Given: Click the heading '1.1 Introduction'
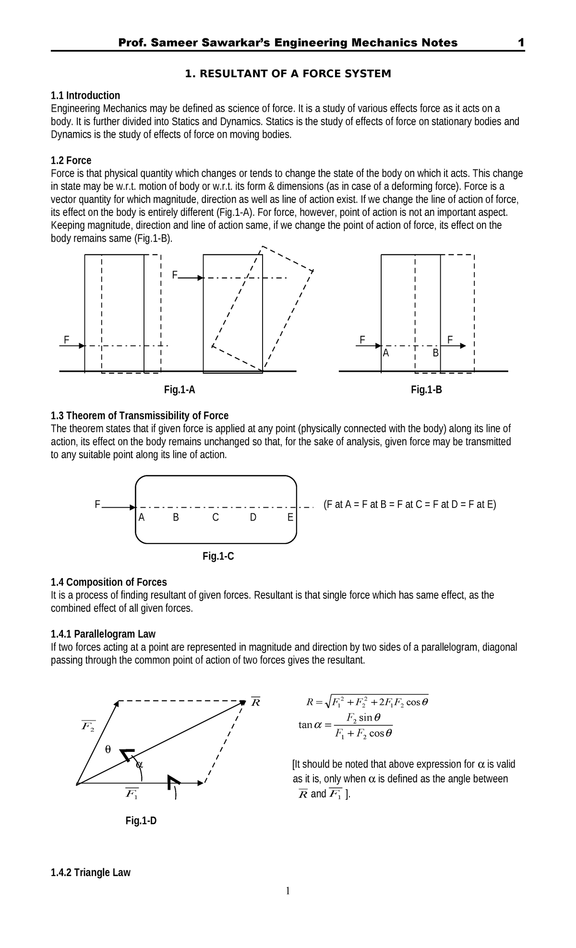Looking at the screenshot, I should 85,95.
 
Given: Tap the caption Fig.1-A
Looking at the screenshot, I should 180,390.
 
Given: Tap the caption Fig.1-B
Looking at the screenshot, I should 426,390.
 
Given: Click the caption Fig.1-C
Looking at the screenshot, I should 218,557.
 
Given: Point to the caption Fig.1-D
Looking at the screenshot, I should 141,821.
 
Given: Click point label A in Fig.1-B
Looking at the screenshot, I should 385,354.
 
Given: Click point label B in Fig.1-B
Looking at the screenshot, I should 435,354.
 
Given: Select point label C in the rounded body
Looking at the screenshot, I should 216,518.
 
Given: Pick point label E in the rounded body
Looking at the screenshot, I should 290,518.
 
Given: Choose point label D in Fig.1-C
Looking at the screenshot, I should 253,518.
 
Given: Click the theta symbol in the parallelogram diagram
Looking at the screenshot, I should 108,749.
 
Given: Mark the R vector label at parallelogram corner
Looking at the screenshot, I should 255,702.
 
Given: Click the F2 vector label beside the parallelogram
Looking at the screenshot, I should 88,726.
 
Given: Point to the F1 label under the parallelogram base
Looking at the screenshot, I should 132,793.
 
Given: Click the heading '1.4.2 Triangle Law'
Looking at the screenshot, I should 91,872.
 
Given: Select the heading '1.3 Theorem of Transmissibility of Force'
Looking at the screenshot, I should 140,415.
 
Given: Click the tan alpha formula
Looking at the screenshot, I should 346,725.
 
